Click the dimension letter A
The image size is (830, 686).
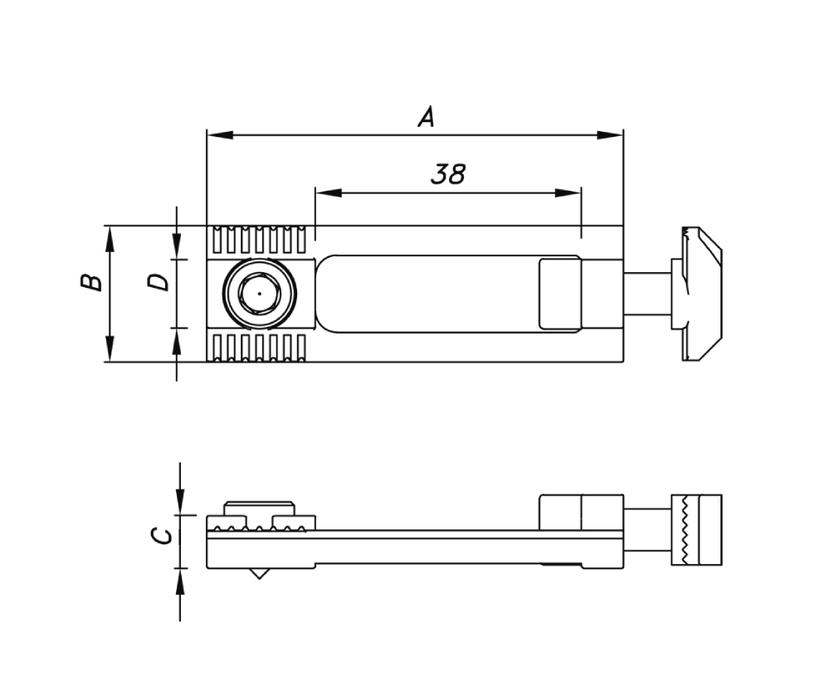pyautogui.click(x=426, y=117)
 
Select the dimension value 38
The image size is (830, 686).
pyautogui.click(x=448, y=173)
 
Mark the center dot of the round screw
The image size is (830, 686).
pyautogui.click(x=258, y=294)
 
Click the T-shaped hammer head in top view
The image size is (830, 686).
pyautogui.click(x=699, y=293)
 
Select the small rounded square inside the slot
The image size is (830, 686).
pyautogui.click(x=559, y=294)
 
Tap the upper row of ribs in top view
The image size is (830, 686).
pyautogui.click(x=258, y=240)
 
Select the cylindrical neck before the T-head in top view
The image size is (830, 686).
pyautogui.click(x=647, y=293)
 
